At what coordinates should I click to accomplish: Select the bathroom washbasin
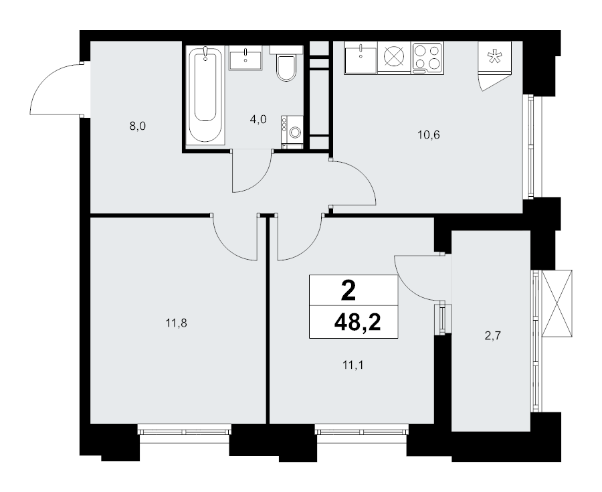(245, 58)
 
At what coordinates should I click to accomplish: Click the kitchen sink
(361, 58)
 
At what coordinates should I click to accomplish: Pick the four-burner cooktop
(427, 58)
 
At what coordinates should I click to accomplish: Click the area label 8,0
(138, 126)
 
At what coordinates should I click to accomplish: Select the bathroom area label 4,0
(258, 119)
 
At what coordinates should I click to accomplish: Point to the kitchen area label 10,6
(429, 135)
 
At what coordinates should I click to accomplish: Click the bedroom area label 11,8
(176, 323)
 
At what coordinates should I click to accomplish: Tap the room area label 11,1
(353, 365)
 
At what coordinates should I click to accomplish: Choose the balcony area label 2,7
(492, 336)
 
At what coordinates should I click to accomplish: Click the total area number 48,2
(357, 322)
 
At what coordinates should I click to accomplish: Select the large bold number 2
(348, 291)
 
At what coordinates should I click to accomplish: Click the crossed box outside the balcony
(556, 303)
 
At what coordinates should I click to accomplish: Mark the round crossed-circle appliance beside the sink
(394, 58)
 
